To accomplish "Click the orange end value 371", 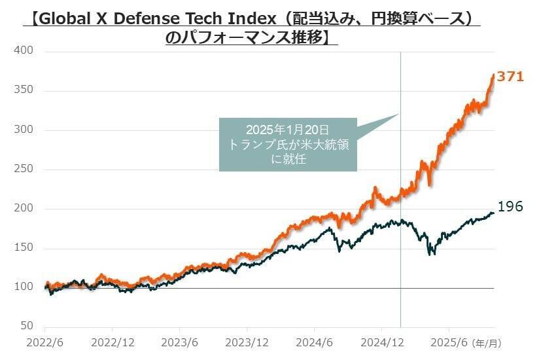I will click(x=510, y=77).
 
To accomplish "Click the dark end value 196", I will click(x=510, y=207).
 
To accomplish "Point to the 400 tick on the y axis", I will click(x=23, y=51).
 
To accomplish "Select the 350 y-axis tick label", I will click(x=23, y=90).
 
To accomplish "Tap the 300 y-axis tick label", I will click(x=23, y=130).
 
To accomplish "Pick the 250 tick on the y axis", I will click(x=23, y=170).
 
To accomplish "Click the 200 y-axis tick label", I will click(x=23, y=209).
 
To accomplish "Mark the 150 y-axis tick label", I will click(x=23, y=249).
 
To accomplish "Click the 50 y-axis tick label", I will click(x=26, y=325).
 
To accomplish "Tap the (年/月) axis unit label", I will click(x=489, y=342).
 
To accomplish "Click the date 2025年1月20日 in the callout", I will click(x=288, y=130).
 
